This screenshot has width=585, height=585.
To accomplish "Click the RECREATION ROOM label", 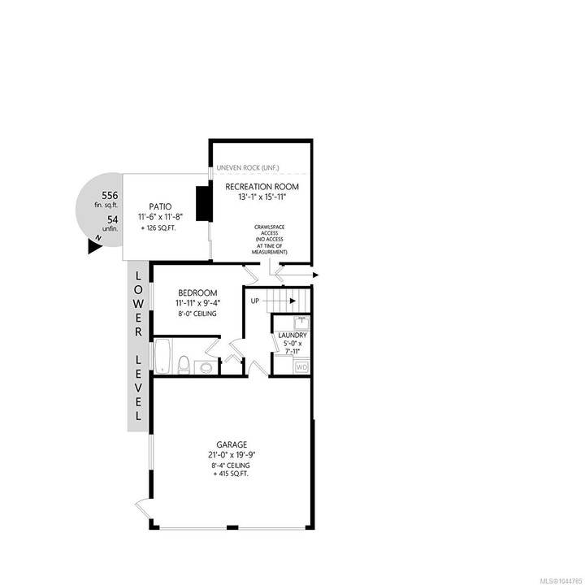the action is point(262,187).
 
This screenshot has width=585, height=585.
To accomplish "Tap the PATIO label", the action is point(160,206).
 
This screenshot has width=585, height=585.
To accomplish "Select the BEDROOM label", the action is point(197,292).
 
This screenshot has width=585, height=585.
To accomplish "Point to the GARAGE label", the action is point(232,444).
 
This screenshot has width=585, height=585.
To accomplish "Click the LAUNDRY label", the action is point(292,336).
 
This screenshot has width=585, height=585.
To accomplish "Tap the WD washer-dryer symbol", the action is point(301,367).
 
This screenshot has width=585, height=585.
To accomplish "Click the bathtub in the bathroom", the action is point(163,356).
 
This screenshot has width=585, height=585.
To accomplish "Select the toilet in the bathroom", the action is point(184,365).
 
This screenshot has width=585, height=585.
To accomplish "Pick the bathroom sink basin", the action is point(206,367).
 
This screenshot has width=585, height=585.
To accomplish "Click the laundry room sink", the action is point(301,323).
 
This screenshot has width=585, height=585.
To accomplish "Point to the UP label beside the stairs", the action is point(255,301).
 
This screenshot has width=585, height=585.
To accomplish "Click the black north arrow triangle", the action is point(94,247).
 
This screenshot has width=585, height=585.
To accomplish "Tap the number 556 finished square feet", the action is point(110,196).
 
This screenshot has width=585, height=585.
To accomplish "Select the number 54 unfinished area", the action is point(113,219).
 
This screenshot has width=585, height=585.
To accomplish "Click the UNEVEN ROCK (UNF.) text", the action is point(248,168).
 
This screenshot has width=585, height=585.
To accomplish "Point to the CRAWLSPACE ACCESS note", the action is point(270,230).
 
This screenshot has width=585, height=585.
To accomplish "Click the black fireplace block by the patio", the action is point(204,204).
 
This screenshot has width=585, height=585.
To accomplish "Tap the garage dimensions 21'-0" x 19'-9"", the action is point(232,455).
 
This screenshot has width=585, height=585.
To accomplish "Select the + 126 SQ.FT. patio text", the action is point(158,228).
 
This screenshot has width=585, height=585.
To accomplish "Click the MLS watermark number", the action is point(561,581).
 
